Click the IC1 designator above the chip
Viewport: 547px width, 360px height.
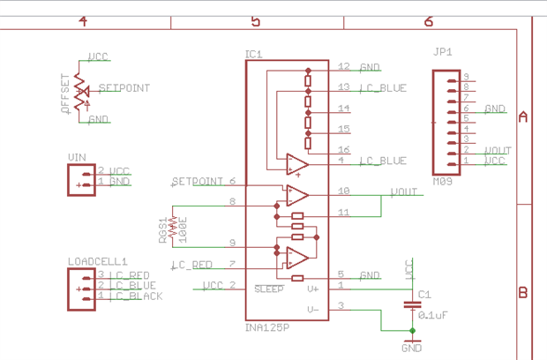[x=253, y=55]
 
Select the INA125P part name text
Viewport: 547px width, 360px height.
[x=267, y=328]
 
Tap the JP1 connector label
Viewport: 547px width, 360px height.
[x=442, y=52]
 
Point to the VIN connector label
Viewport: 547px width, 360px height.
[x=77, y=157]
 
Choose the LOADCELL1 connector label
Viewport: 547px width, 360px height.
[x=97, y=261]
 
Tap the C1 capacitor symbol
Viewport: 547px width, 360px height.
[x=411, y=304]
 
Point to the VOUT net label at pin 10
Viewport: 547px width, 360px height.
[x=403, y=191]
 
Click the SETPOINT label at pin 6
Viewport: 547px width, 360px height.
[x=198, y=182]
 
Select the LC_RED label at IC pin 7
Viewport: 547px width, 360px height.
[x=191, y=265]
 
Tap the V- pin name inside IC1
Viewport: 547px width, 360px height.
[x=312, y=309]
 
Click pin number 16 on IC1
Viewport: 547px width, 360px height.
[x=343, y=150]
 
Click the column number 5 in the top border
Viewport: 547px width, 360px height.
[x=256, y=21]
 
